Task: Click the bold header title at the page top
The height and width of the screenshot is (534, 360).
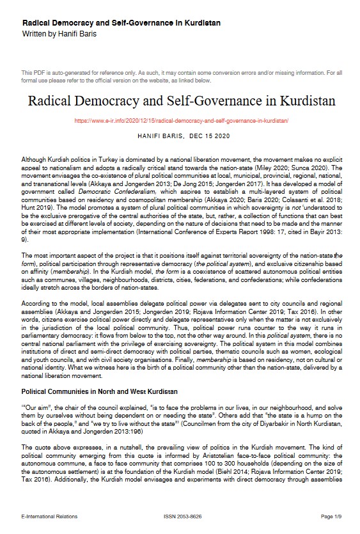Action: click(x=121, y=23)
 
